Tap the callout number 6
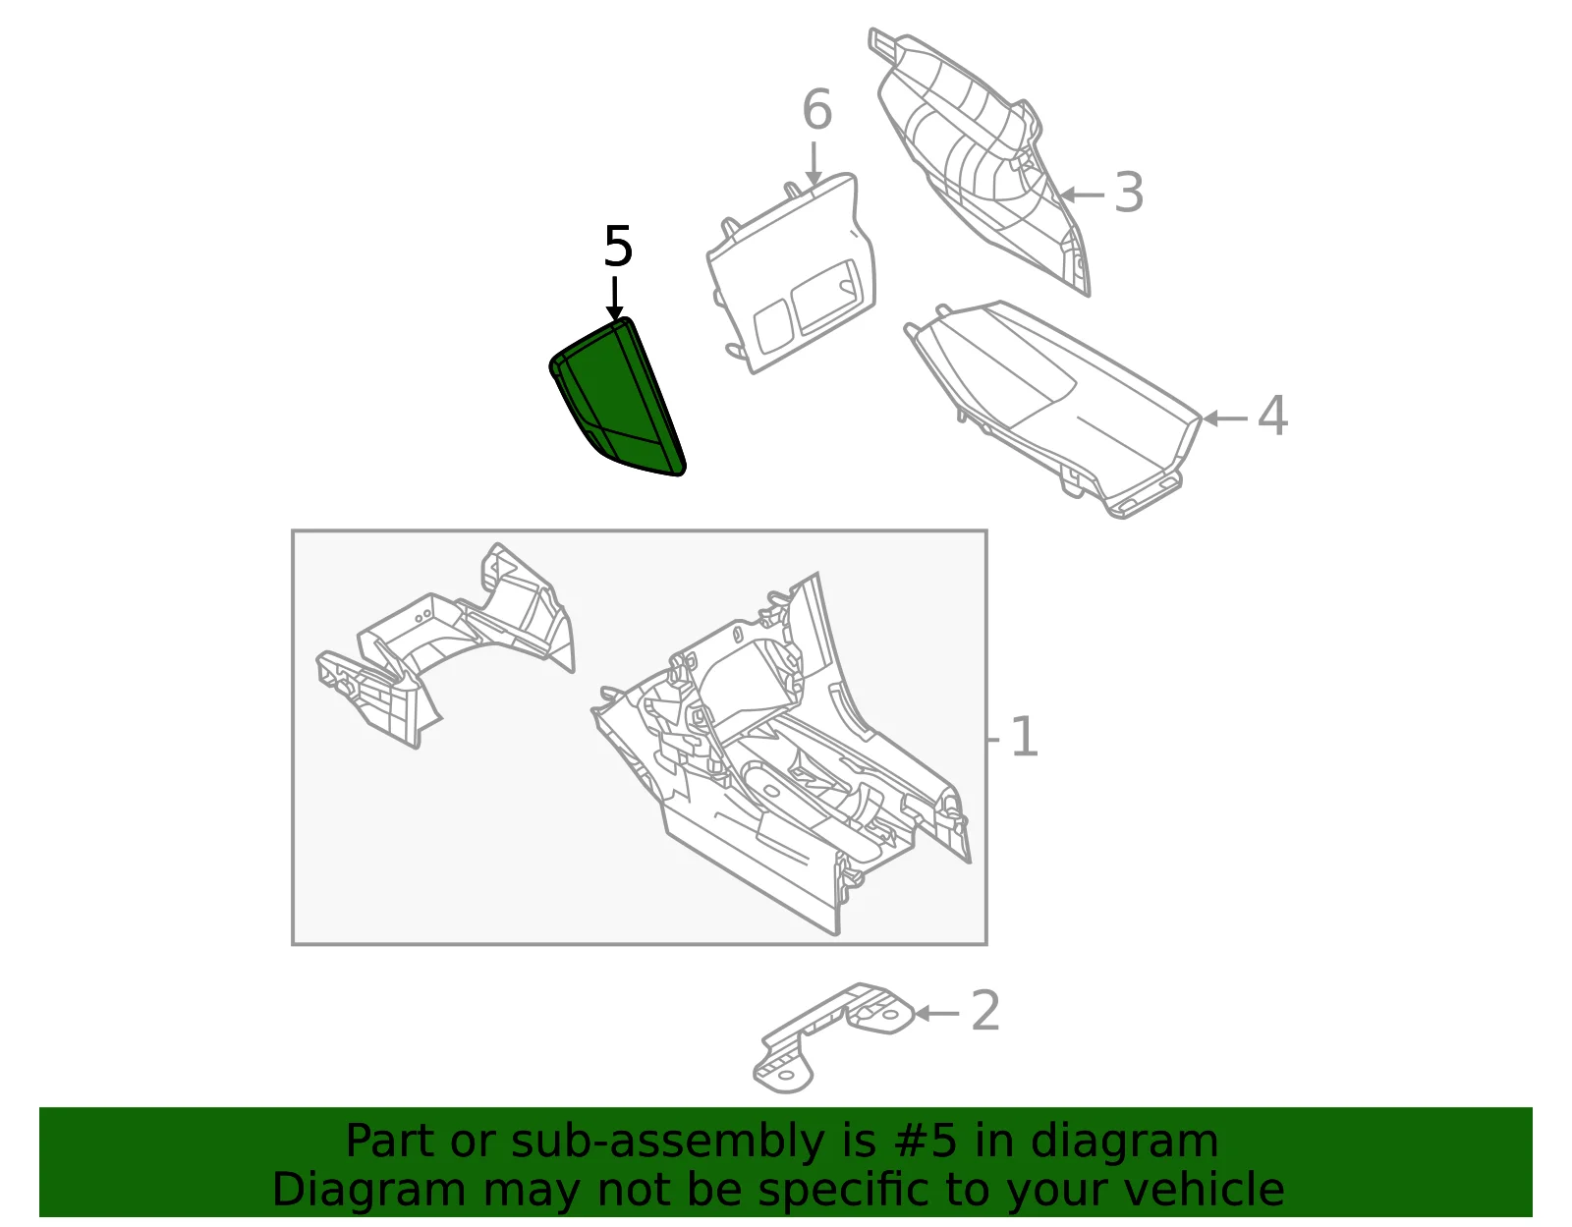click(x=817, y=110)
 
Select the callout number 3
click(x=1129, y=193)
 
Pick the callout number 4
click(x=1272, y=416)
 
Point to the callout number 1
click(x=1024, y=737)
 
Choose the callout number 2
click(x=985, y=1011)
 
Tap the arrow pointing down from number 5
click(x=615, y=299)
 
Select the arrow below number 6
click(x=814, y=164)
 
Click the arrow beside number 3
click(x=1083, y=195)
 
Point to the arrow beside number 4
click(x=1225, y=418)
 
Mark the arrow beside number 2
click(x=937, y=1013)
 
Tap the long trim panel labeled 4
click(x=1052, y=409)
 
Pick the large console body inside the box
click(x=781, y=754)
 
